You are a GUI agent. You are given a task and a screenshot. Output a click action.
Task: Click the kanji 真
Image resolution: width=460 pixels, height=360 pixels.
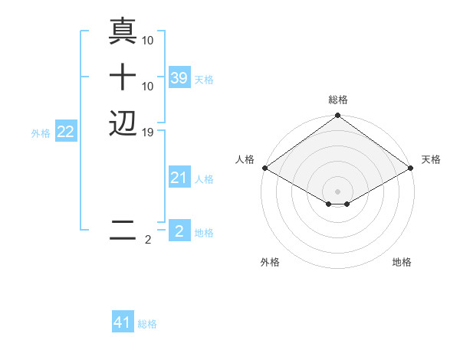(x=123, y=31)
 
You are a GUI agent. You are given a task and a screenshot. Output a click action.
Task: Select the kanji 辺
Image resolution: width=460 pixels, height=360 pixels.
(x=123, y=123)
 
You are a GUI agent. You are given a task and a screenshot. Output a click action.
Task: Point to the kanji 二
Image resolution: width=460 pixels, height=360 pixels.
(x=123, y=231)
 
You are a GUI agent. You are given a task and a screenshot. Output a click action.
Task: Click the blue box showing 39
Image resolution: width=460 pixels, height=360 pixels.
(x=179, y=78)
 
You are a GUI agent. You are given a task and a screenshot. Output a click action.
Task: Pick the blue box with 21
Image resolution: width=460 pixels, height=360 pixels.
(x=179, y=178)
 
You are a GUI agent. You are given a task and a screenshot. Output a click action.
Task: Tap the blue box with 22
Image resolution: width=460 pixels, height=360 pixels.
(x=66, y=132)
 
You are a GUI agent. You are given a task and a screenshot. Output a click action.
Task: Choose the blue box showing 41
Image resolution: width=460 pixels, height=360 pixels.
(x=123, y=322)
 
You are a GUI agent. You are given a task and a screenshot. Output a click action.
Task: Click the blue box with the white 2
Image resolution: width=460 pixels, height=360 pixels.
(x=179, y=231)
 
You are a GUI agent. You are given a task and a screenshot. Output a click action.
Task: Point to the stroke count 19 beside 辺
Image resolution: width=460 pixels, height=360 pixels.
(x=149, y=132)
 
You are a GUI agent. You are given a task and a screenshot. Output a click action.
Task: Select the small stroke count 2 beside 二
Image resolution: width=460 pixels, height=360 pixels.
(x=148, y=240)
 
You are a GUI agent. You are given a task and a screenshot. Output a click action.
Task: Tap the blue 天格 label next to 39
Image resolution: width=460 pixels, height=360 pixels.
(x=204, y=80)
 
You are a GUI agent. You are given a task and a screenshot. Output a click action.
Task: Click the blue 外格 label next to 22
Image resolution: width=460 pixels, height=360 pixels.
(x=41, y=133)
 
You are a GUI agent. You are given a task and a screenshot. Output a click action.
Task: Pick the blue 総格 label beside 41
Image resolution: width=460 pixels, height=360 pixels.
(x=147, y=324)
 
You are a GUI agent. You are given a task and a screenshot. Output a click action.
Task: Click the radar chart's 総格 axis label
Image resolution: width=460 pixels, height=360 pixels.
(x=338, y=100)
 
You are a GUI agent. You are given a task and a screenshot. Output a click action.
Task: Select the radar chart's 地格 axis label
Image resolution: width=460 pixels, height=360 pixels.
(x=402, y=262)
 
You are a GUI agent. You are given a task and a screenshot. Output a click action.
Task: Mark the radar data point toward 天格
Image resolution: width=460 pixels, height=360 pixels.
(x=411, y=168)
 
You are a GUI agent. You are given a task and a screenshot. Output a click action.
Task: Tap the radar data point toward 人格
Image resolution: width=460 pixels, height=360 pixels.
(x=264, y=168)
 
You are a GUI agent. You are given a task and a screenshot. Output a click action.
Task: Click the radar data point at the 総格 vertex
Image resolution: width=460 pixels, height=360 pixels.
(x=338, y=116)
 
